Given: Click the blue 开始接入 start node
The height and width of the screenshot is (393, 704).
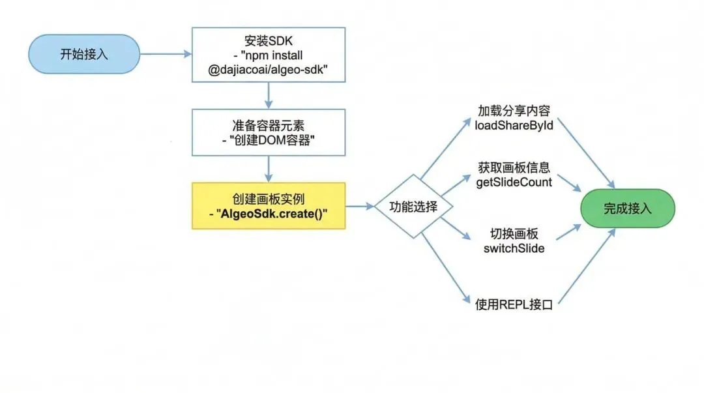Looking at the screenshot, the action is pyautogui.click(x=84, y=54).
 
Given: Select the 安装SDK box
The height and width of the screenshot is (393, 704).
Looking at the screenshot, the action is pyautogui.click(x=268, y=54).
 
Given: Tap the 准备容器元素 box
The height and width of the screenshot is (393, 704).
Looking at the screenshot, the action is pyautogui.click(x=268, y=134).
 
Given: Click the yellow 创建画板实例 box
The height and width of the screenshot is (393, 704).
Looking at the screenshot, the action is pyautogui.click(x=268, y=206).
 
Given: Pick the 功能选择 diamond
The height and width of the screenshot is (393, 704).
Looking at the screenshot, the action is pyautogui.click(x=414, y=207).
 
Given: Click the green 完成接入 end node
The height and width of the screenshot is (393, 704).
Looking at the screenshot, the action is pyautogui.click(x=627, y=209).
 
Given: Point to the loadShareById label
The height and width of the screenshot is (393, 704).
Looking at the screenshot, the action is pyautogui.click(x=514, y=125).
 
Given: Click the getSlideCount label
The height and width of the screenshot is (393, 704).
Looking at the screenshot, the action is pyautogui.click(x=514, y=182).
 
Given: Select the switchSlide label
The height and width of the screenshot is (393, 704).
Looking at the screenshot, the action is pyautogui.click(x=514, y=249).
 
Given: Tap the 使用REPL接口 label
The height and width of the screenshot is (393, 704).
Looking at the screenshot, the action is pyautogui.click(x=514, y=304).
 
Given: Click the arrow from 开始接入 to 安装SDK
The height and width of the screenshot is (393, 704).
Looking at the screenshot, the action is pyautogui.click(x=166, y=54).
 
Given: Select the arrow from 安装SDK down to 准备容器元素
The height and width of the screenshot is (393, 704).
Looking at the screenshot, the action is pyautogui.click(x=268, y=96).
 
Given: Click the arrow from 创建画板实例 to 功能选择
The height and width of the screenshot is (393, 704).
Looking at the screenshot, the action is pyautogui.click(x=360, y=207).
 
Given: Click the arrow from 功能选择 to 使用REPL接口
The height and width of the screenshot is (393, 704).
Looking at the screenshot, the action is pyautogui.click(x=445, y=267).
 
